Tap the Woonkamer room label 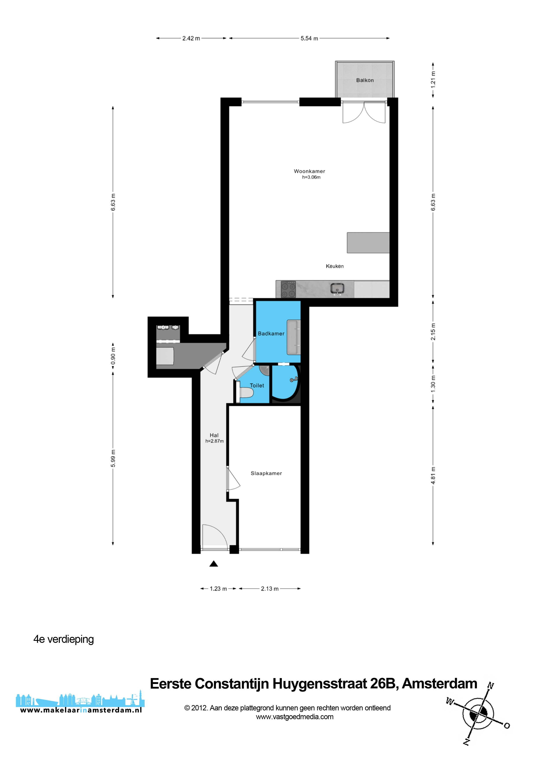310,171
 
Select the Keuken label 335,266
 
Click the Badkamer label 271,334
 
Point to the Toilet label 257,386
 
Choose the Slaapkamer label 266,473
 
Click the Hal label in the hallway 214,435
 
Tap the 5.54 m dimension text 309,38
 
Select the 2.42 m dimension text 191,38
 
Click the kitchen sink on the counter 337,289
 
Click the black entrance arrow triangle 214,564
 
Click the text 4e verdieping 64,639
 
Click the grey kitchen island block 368,243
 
